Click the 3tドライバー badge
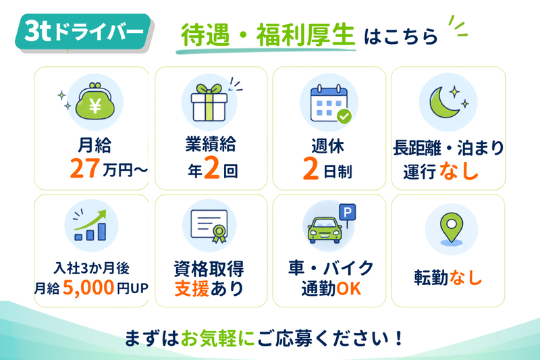tap(83, 32)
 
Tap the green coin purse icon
tap(94, 101)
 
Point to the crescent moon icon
tap(442, 102)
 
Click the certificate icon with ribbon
tap(209, 226)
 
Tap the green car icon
tap(325, 230)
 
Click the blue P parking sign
tap(348, 212)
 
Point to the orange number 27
tap(85, 168)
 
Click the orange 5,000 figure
tap(88, 287)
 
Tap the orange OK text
tap(348, 288)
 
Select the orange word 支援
tap(192, 288)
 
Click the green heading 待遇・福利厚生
tap(267, 35)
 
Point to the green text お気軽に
tap(217, 338)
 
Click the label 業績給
tap(211, 144)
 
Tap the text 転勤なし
tap(448, 278)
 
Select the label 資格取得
tap(209, 269)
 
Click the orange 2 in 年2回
tap(212, 168)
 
